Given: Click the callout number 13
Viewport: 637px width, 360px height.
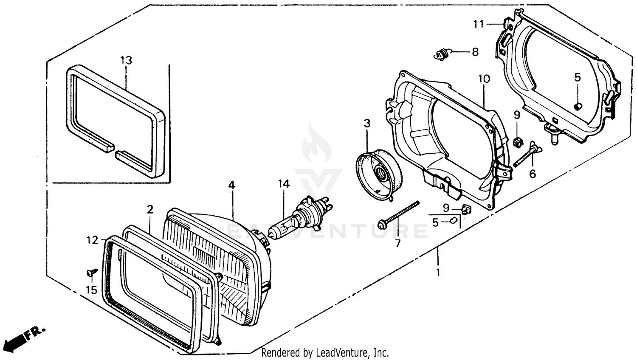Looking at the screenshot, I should [x=126, y=60].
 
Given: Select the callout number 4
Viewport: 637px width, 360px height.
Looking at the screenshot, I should [x=231, y=185].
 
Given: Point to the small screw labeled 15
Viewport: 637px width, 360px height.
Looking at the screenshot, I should [x=91, y=272].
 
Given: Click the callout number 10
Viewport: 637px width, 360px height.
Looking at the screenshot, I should [x=484, y=79].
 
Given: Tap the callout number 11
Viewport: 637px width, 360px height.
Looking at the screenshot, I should [x=479, y=24].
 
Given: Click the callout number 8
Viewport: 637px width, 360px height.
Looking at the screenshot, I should [x=475, y=52].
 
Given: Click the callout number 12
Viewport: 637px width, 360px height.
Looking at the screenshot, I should [x=92, y=240].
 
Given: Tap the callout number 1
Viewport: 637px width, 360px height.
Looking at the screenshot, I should [x=438, y=272].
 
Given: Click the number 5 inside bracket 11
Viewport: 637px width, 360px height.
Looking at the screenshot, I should [x=577, y=78].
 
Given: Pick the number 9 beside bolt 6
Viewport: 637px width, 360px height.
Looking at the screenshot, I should [x=517, y=115].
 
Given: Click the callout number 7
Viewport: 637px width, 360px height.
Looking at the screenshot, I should [x=397, y=244].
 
